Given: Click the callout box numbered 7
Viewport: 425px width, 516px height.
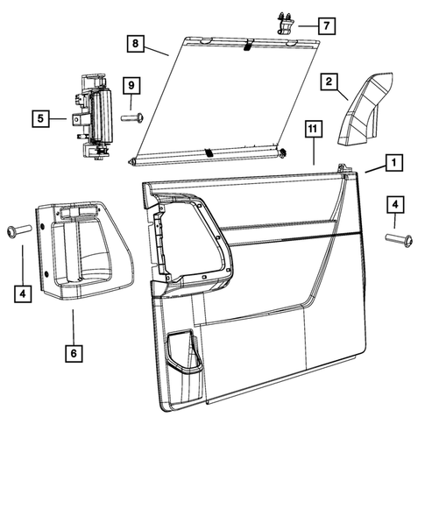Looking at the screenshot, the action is (x=327, y=25).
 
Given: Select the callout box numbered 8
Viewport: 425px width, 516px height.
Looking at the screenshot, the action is (x=136, y=44).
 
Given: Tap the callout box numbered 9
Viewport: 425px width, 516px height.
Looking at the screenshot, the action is (x=131, y=86).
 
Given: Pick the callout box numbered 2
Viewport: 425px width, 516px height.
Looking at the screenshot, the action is (x=329, y=81).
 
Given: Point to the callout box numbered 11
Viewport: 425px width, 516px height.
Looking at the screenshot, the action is (x=313, y=129).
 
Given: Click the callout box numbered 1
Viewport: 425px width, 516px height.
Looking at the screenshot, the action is (x=394, y=162).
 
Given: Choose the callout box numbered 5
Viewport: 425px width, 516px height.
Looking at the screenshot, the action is (x=40, y=118).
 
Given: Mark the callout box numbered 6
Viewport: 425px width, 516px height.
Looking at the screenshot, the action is (x=74, y=353).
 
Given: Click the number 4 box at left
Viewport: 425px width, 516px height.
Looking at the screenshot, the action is (x=23, y=293).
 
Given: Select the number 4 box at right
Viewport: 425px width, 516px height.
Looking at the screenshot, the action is (x=395, y=205).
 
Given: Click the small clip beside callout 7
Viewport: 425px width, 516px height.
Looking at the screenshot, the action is (x=284, y=23).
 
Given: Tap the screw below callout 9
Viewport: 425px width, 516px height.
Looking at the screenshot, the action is (x=132, y=117).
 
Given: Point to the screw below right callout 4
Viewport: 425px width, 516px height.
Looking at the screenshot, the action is (x=399, y=239).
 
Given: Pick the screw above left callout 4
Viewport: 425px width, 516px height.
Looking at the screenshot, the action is (x=19, y=230).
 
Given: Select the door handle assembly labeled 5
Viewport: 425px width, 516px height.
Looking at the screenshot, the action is (x=92, y=117).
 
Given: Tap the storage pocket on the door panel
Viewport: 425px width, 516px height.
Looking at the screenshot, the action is (x=184, y=352).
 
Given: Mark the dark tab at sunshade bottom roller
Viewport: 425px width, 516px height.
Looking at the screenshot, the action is (x=209, y=152).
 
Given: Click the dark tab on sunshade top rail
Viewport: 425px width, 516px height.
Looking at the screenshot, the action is (x=249, y=45).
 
